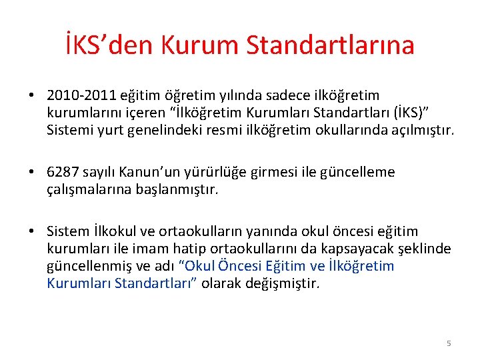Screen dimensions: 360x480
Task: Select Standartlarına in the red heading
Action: [331, 45]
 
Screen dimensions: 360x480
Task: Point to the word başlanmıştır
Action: [177, 190]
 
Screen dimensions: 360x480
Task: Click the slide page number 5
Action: [449, 343]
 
